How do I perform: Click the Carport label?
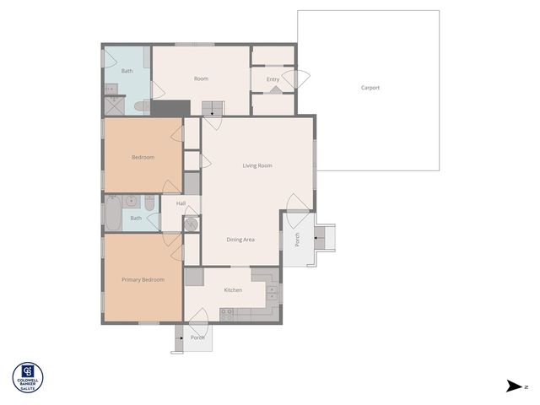pos(370,88)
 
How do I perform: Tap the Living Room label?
pos(257,165)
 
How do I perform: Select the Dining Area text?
pos(240,240)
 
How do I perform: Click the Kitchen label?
pos(233,290)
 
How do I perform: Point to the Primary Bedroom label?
pos(143,279)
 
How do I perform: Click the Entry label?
pos(273,79)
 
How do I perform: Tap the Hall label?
pos(181,203)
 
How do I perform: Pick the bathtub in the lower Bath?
pos(112,213)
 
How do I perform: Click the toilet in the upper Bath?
pos(141,106)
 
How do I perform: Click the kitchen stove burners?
pos(227,313)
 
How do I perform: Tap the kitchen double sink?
pos(272,293)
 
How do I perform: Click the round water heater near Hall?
pos(191,224)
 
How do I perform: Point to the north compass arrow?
pos(514,386)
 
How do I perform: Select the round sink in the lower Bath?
pos(131,202)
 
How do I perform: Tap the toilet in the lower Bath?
pos(149,203)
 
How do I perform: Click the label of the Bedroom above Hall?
pos(143,157)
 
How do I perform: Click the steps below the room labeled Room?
pos(213,107)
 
